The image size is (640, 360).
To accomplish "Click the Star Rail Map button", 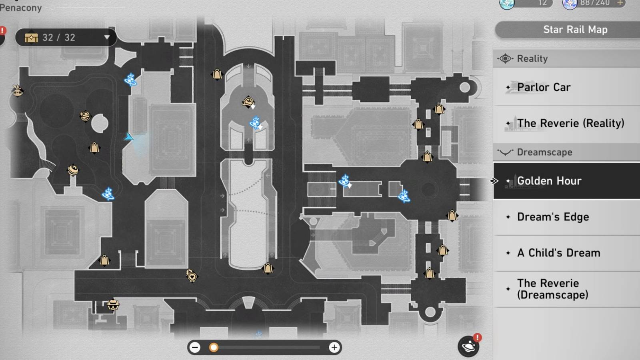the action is pyautogui.click(x=575, y=30).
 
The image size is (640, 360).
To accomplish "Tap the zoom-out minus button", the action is pyautogui.click(x=195, y=347).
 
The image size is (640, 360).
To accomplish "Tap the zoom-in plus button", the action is pyautogui.click(x=334, y=347).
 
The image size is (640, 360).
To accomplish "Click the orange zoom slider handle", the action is pyautogui.click(x=214, y=347).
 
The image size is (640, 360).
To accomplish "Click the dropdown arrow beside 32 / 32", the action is pyautogui.click(x=107, y=38).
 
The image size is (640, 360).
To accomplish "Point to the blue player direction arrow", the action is pyautogui.click(x=128, y=137).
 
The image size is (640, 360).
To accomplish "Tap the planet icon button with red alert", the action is pyautogui.click(x=468, y=346).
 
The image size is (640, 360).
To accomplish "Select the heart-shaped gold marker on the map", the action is pyautogui.click(x=192, y=276).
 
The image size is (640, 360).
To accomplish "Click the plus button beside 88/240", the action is pyautogui.click(x=620, y=3).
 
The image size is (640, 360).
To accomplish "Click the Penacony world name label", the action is pyautogui.click(x=21, y=8).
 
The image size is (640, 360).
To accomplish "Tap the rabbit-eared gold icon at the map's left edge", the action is pyautogui.click(x=17, y=92).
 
